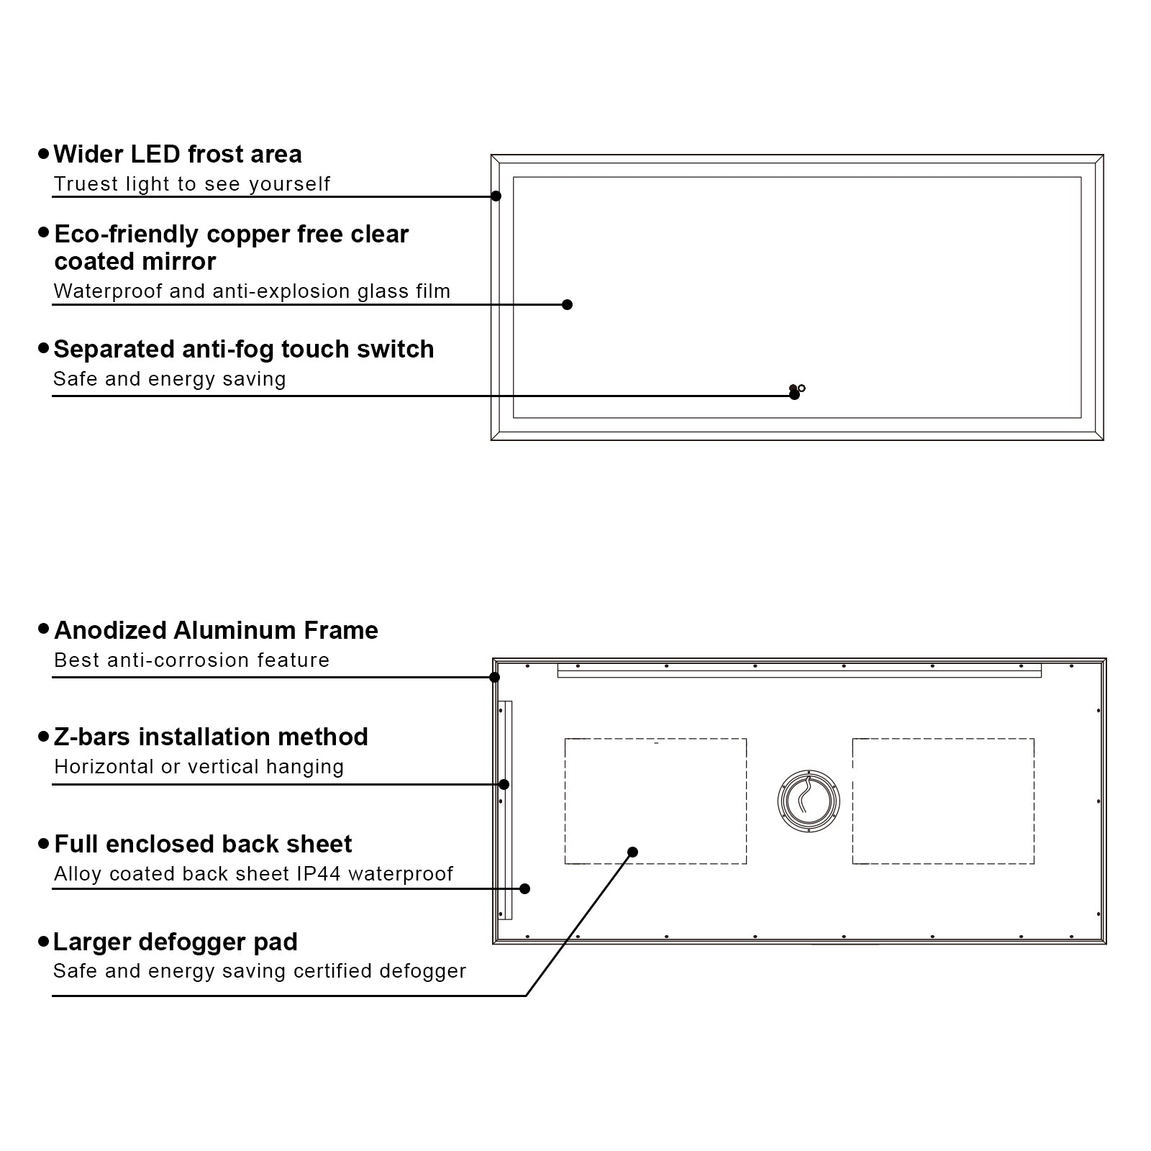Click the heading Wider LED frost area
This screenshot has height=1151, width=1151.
tap(177, 155)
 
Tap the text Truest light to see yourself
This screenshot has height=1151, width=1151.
tap(191, 184)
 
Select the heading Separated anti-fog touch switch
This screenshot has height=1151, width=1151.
tap(243, 350)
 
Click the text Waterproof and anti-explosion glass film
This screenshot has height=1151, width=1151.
tap(252, 291)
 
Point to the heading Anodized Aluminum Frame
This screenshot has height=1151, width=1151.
tap(216, 631)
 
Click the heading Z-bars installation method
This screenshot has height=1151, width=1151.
tap(211, 737)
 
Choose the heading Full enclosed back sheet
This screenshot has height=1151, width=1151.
tap(203, 845)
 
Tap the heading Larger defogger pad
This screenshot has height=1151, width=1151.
tap(176, 942)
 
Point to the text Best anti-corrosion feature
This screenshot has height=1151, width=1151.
tap(191, 660)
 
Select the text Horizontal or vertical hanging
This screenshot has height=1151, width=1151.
tap(199, 767)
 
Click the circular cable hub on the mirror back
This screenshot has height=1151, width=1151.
tap(809, 801)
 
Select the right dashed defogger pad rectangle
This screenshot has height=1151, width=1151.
tap(943, 801)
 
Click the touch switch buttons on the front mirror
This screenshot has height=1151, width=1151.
tap(797, 388)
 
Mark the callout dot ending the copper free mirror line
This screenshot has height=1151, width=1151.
tap(567, 305)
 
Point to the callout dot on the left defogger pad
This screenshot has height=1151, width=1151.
tap(632, 852)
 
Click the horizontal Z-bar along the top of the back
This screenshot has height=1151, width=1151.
tap(799, 670)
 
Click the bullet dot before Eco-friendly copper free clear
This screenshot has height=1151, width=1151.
tap(44, 233)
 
